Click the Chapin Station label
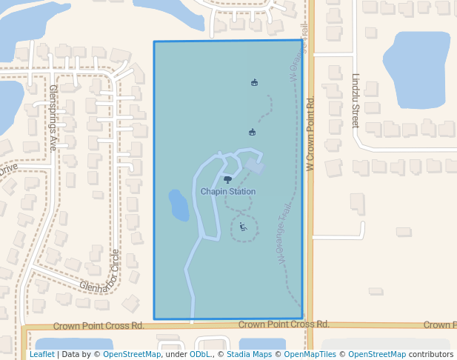tap(228, 192)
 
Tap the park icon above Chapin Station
tap(227, 179)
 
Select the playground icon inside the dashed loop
tap(242, 227)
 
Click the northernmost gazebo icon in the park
tap(255, 82)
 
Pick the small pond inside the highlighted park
tap(179, 205)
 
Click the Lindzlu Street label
tap(356, 100)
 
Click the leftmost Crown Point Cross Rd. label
tap(99, 326)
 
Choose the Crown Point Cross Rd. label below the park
tap(284, 324)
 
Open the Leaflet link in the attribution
tap(41, 355)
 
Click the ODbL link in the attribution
tap(200, 355)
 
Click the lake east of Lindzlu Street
tap(416, 65)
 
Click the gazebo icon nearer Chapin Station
tap(252, 133)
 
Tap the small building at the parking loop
tap(255, 167)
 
